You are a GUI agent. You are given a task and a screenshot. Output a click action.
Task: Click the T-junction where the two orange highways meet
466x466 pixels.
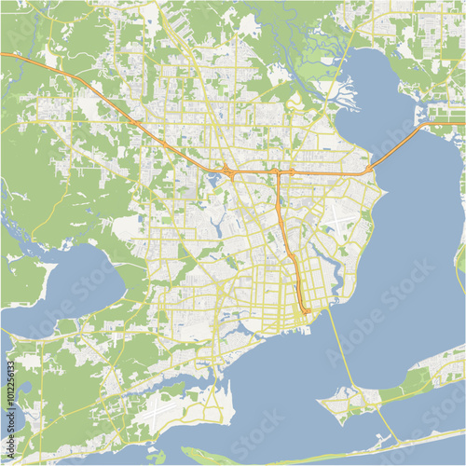tap(278, 173)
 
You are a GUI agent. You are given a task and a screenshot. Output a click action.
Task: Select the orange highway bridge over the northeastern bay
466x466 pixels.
tap(401, 144)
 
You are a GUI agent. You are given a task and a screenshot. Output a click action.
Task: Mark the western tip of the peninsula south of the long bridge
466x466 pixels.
tap(322, 403)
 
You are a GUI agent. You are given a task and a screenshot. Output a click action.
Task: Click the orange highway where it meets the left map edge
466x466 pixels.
tap(3, 55)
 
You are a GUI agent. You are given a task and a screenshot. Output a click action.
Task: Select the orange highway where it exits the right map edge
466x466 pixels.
tap(462, 120)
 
